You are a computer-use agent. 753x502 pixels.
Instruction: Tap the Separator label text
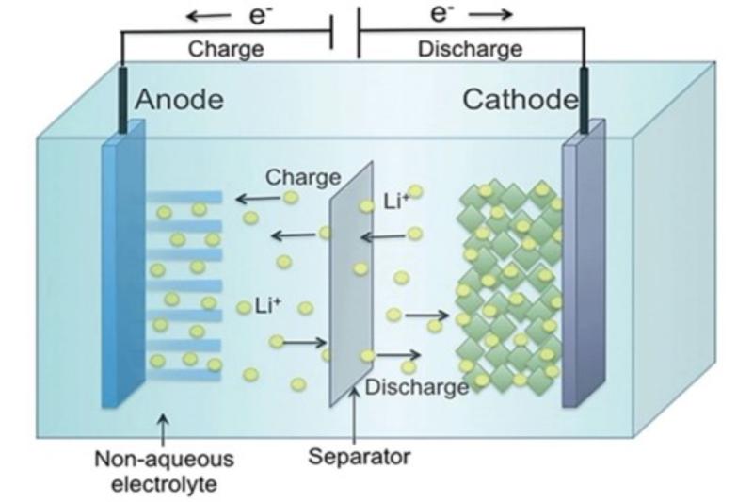[360, 458]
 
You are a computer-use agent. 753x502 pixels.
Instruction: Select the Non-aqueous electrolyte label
[165, 470]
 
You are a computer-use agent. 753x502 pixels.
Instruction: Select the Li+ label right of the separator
[396, 201]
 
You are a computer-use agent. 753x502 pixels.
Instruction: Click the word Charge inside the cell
[302, 176]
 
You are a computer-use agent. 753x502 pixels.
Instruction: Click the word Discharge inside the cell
[416, 386]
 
